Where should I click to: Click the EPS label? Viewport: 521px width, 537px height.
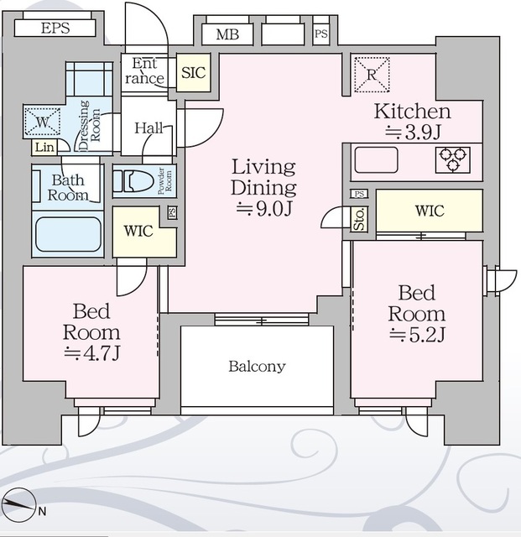coord(55,28)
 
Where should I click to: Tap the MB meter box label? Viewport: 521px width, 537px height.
coord(227,34)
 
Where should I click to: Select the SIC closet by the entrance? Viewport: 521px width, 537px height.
coord(194,73)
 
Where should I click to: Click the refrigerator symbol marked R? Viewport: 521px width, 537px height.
coord(372,75)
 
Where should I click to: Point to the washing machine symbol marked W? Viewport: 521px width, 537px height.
coord(43,122)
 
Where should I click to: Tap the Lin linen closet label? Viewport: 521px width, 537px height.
coord(44,148)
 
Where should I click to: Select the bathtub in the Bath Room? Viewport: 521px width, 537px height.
coord(68,235)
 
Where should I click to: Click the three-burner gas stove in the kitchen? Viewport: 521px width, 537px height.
coord(453,160)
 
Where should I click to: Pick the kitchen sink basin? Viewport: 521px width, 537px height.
coord(376,160)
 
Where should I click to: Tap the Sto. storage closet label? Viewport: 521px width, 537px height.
coord(359,219)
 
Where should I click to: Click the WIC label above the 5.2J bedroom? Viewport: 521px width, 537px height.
coord(430,211)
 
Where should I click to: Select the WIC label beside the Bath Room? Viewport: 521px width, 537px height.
coord(138,231)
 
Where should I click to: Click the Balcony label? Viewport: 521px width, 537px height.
coord(257,367)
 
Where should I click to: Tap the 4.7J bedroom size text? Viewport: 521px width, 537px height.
coord(91,353)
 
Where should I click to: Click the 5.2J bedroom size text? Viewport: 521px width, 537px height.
coord(417,335)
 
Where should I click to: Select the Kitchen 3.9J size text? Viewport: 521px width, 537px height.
coord(413,133)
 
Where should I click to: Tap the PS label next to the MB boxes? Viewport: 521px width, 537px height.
coord(321,34)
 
